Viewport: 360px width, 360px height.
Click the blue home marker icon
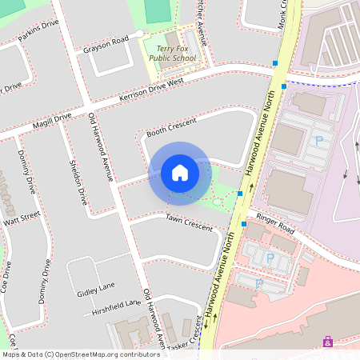click(x=180, y=172)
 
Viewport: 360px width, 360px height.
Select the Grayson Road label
click(x=106, y=44)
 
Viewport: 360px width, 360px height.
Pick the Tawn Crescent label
click(x=190, y=222)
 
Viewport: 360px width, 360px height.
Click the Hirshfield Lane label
click(x=116, y=306)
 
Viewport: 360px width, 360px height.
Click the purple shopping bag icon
click(x=327, y=342)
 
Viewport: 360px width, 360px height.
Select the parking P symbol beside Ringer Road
click(x=269, y=258)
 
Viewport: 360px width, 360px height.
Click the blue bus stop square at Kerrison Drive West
click(x=283, y=86)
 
